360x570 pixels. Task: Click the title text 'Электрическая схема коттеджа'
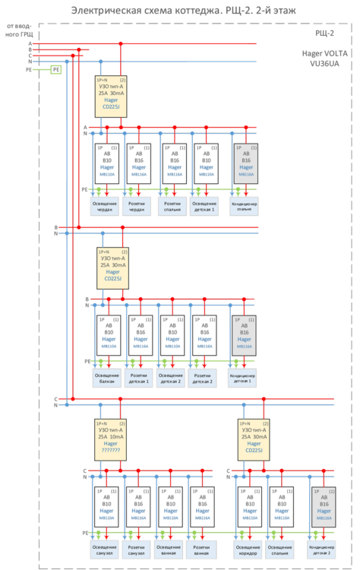[x=152, y=10]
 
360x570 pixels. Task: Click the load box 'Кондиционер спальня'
[x=245, y=206]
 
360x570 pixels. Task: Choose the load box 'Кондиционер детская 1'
[x=242, y=378]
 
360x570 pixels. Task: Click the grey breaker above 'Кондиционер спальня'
[x=245, y=163]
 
